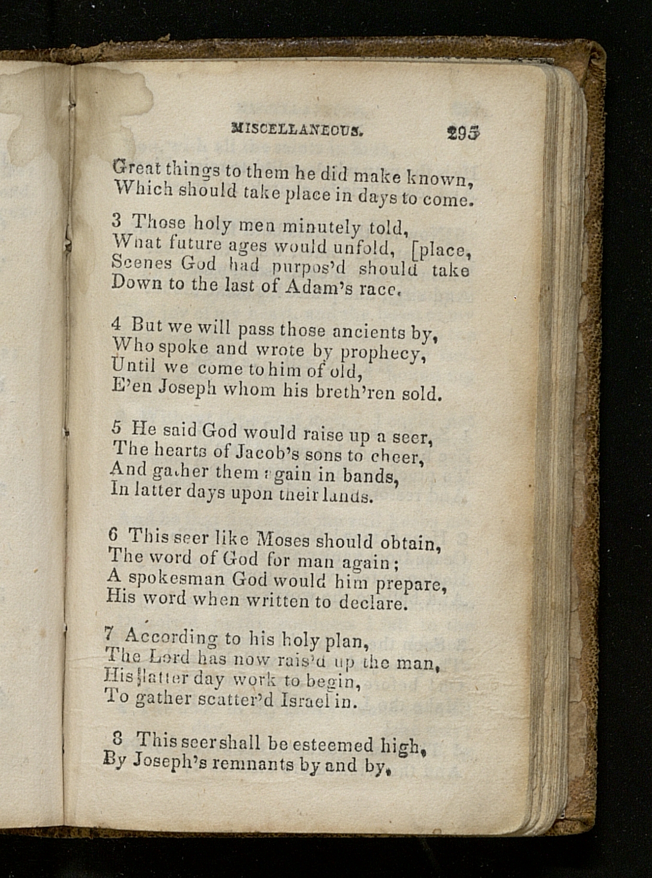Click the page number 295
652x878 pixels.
463,133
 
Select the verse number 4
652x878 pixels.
116,324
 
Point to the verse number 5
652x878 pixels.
116,427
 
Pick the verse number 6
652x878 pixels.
113,533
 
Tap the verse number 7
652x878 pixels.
110,634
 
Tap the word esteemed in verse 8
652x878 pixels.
333,745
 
